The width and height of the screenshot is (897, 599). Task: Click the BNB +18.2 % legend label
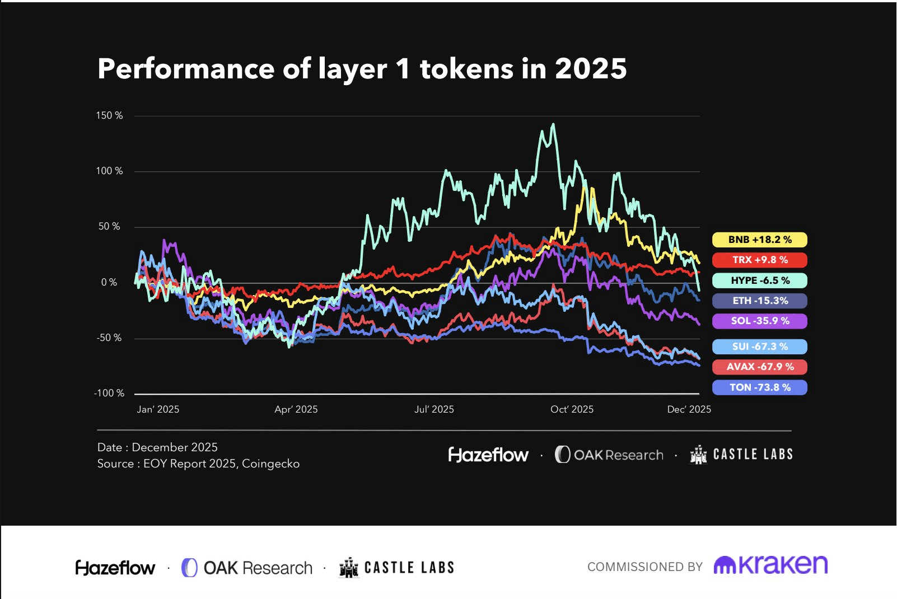(759, 240)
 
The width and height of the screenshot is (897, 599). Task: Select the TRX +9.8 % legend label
(759, 260)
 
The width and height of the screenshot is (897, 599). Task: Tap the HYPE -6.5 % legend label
(759, 280)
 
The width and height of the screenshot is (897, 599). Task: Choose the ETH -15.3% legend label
(759, 301)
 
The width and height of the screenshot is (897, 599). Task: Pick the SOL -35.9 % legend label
(759, 321)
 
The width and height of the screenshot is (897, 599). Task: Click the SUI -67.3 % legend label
(759, 347)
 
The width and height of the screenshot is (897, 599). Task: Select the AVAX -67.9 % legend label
(759, 367)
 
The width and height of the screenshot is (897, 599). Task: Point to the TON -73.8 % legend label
(759, 387)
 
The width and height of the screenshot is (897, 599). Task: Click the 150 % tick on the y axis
(109, 115)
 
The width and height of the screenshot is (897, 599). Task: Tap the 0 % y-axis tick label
(109, 282)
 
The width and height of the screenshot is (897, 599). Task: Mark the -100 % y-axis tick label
(109, 393)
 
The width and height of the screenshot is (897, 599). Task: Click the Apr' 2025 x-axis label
(296, 409)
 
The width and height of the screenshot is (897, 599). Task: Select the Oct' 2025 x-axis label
(572, 409)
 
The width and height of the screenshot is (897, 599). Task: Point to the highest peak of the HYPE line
(554, 125)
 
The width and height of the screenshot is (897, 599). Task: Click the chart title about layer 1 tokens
(362, 69)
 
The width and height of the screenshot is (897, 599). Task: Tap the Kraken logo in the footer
(770, 565)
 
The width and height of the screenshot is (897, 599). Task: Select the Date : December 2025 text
(157, 447)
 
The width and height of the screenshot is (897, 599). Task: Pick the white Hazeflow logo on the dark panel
(488, 455)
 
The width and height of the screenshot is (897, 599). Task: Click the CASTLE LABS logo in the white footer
(396, 568)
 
